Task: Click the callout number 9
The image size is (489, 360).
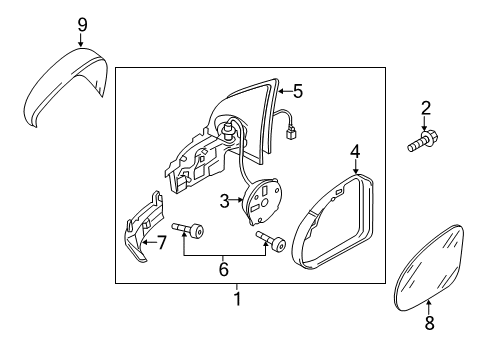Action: point(82,25)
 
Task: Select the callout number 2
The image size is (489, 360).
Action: point(426,108)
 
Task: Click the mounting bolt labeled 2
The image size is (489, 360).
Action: point(423,142)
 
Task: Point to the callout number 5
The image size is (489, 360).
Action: point(298,91)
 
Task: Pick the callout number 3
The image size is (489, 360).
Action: point(225,201)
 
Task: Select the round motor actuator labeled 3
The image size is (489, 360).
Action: point(263,201)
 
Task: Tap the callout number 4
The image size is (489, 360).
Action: point(355,152)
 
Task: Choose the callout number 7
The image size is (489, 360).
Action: point(161,243)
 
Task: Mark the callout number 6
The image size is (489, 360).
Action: point(224,269)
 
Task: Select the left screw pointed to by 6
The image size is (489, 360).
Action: point(188,229)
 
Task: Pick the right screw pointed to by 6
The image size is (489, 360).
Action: point(271,241)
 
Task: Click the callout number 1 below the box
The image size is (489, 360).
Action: point(237,299)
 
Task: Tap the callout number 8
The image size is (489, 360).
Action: point(429,323)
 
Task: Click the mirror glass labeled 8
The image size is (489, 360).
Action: point(429,268)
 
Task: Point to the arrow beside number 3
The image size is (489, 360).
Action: point(237,200)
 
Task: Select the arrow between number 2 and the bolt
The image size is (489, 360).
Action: point(424,123)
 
